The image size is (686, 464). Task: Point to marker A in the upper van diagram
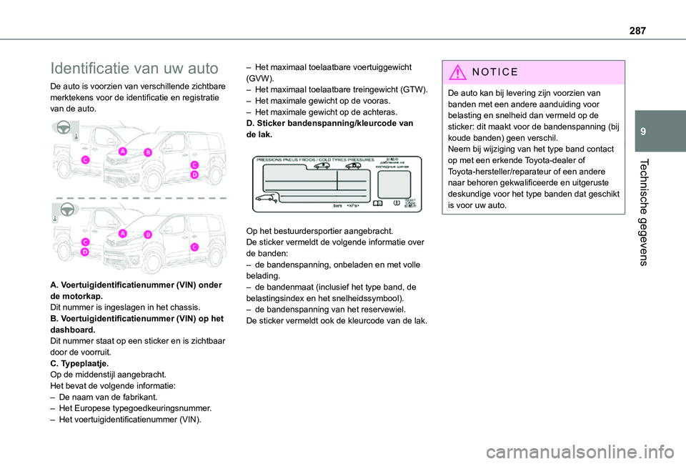[x=122, y=151]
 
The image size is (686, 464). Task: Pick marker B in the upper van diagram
[x=148, y=152]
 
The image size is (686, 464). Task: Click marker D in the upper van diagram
[x=194, y=174]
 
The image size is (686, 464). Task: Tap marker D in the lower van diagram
[x=84, y=252]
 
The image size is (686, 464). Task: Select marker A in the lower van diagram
[x=122, y=234]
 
